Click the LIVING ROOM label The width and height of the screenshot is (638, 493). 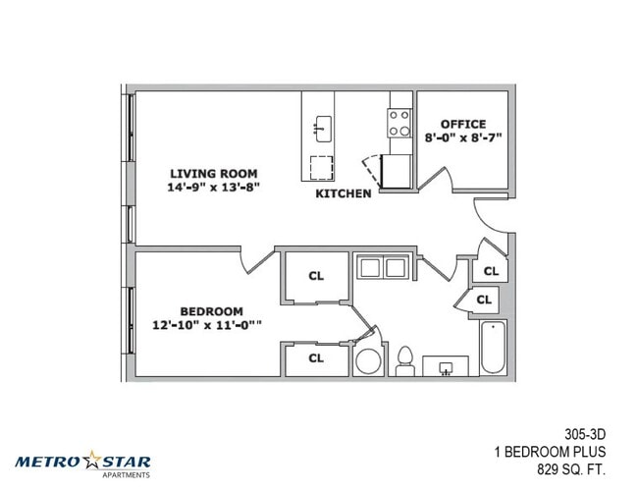[214, 174]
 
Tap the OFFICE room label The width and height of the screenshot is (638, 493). [463, 124]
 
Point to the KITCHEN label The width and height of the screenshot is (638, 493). [344, 193]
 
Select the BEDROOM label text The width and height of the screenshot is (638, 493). [212, 311]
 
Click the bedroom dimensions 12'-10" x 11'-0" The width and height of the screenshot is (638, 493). [207, 325]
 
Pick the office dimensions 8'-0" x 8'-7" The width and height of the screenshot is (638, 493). [463, 137]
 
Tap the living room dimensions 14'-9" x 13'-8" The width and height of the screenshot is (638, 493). [214, 188]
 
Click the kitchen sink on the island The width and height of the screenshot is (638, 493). [323, 129]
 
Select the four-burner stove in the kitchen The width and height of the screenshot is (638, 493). [399, 123]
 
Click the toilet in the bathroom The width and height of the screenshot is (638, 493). [405, 360]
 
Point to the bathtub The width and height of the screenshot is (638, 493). [493, 347]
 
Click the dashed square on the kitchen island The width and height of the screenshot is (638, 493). [321, 168]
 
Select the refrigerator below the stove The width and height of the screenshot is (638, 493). [396, 172]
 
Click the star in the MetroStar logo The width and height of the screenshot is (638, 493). [92, 460]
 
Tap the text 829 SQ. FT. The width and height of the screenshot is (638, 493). [571, 469]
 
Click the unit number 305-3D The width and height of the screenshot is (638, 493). [585, 435]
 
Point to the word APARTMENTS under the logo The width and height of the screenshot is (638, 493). [127, 475]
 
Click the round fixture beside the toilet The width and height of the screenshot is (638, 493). [369, 361]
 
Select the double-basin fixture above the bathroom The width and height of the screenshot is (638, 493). [383, 267]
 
